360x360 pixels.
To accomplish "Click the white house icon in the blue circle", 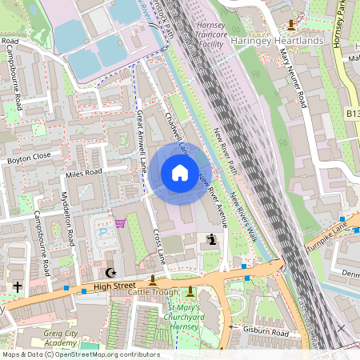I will point(180,173).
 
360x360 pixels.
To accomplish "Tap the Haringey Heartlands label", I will point(276,40).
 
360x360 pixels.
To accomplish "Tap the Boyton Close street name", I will point(29,158).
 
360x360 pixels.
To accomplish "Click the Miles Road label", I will point(84,173).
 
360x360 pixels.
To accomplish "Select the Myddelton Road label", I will point(68,217).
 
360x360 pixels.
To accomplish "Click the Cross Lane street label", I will point(158,247).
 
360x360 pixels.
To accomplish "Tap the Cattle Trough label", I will point(154,294).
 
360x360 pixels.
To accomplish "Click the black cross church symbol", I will point(17,285).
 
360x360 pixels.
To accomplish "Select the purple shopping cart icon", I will point(120,223).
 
